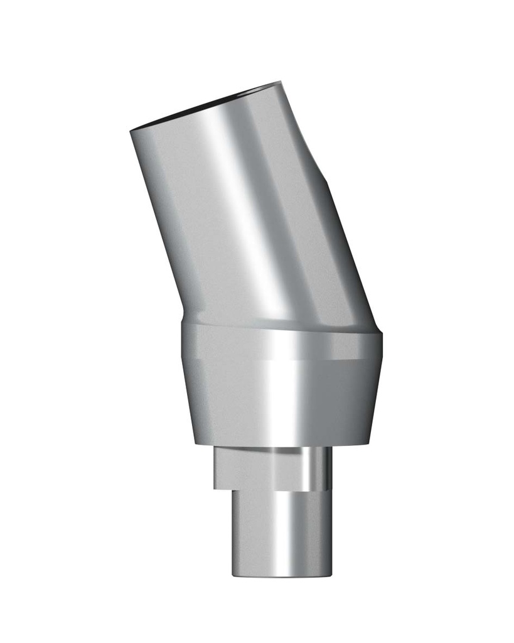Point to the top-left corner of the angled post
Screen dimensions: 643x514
point(131,131)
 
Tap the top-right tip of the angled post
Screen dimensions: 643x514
point(279,82)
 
